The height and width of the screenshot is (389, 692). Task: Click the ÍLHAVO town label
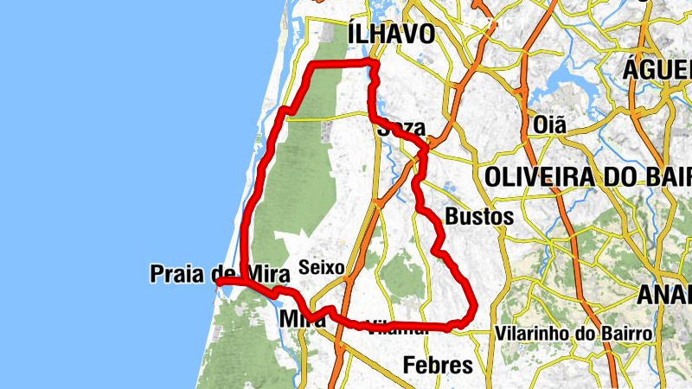click(x=390, y=34)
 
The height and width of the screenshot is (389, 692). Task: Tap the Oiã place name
click(x=550, y=124)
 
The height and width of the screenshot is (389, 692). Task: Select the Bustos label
click(x=478, y=216)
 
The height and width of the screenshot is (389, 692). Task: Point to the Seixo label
click(x=321, y=268)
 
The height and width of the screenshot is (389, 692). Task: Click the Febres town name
click(x=439, y=365)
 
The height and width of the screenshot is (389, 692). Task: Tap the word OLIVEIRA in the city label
click(x=540, y=177)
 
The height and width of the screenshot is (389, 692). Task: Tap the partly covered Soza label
click(x=401, y=129)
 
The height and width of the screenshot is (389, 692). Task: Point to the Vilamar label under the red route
click(x=397, y=328)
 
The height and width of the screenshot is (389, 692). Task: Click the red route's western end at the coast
click(x=219, y=282)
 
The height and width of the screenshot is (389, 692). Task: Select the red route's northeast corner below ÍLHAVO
click(x=375, y=63)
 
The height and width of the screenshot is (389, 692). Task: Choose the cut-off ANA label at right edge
click(x=664, y=295)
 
